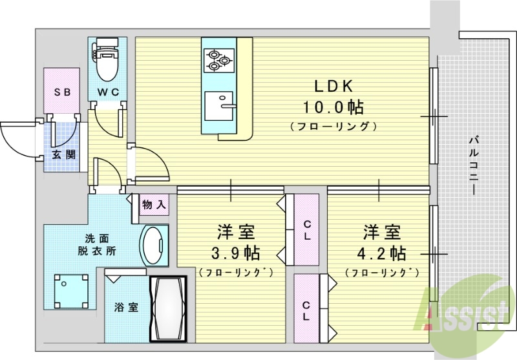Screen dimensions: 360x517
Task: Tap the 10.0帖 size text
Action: point(333,106)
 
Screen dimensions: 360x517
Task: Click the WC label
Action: point(108,92)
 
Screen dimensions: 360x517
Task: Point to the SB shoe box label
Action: point(62,92)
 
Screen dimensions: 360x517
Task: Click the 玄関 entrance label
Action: point(62,154)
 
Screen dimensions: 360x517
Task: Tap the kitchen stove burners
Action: point(218,60)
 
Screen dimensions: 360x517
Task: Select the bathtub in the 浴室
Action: point(168,310)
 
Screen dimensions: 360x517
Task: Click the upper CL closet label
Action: point(308,230)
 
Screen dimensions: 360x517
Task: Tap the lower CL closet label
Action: point(306,310)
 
